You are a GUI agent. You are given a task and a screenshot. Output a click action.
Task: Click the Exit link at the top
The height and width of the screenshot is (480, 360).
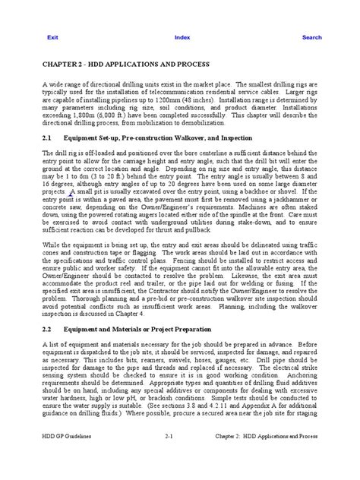(x=53, y=36)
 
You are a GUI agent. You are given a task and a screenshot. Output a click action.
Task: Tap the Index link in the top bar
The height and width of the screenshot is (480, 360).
(x=182, y=36)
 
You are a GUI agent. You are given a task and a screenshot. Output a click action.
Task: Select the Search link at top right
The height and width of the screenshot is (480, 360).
(x=311, y=36)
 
